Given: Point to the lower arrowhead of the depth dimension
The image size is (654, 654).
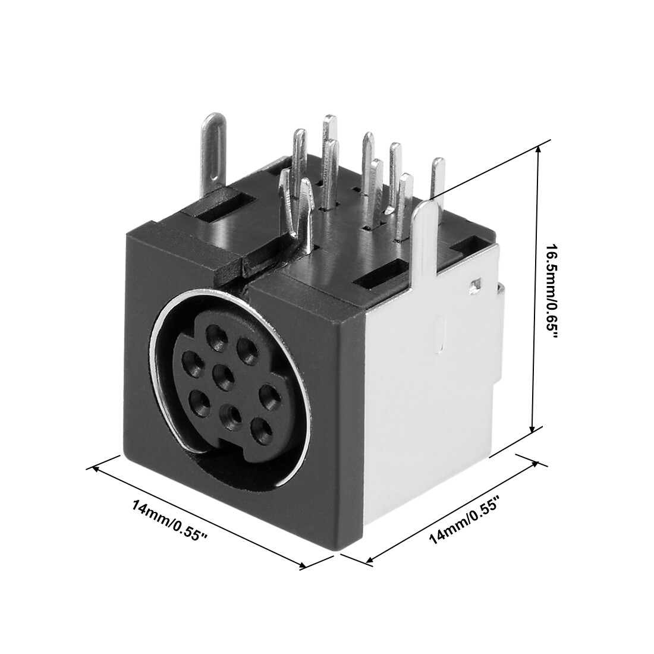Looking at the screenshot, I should coord(369,558).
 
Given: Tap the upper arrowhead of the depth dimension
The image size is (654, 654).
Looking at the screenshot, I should coord(535,463).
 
